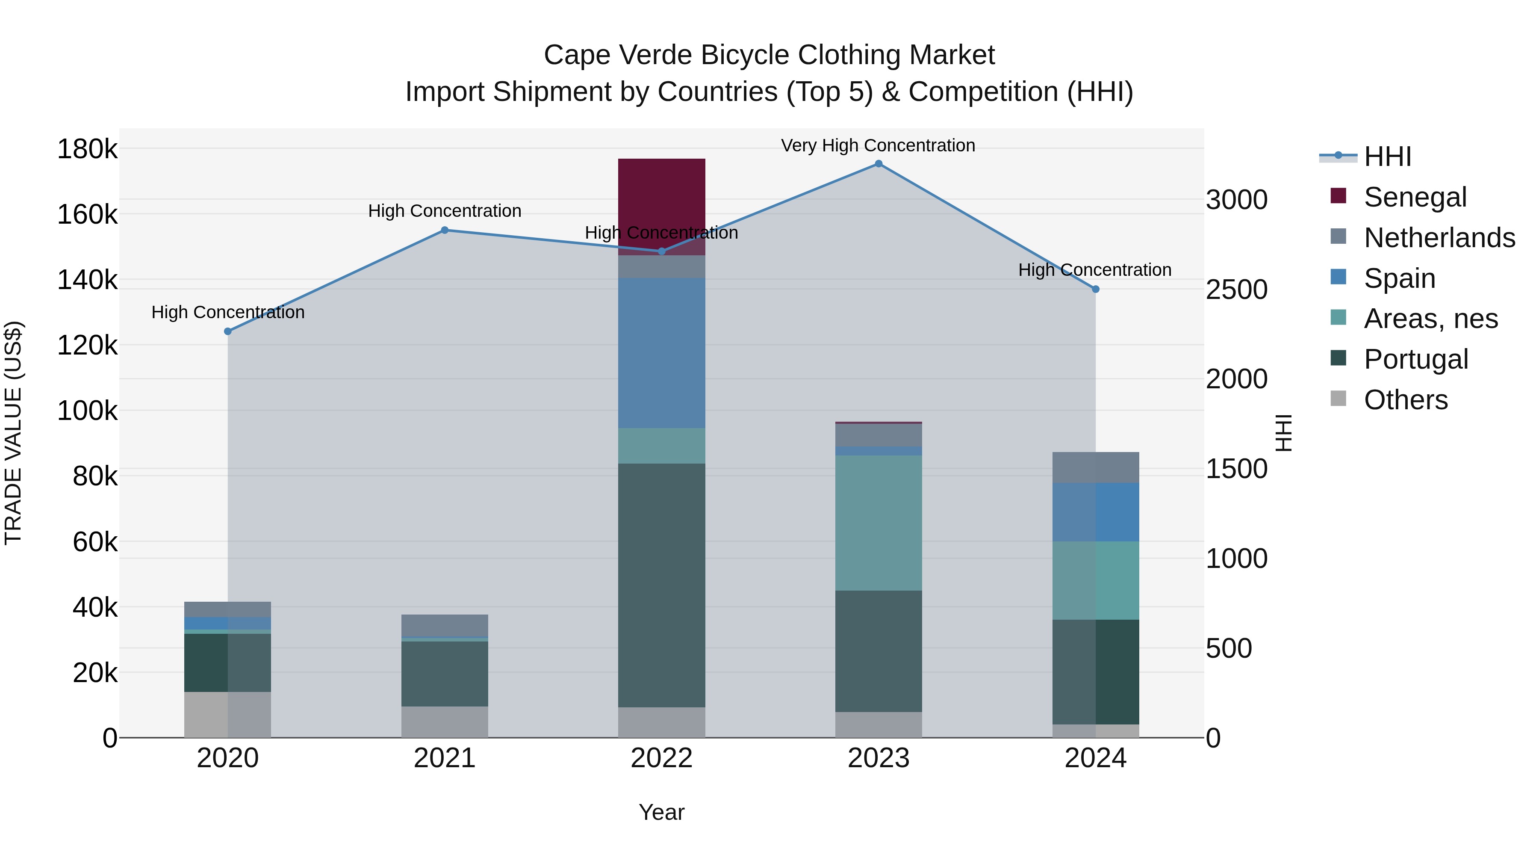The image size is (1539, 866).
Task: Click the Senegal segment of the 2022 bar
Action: [661, 197]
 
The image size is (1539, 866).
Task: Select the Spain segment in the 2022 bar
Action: [661, 353]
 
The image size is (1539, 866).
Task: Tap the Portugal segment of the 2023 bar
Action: [878, 651]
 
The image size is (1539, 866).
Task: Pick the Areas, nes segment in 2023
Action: [878, 523]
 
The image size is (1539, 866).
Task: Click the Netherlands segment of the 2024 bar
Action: [1095, 467]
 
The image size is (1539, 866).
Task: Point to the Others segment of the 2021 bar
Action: [445, 722]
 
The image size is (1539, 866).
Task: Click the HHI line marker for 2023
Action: [878, 164]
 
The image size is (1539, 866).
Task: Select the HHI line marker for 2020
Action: [227, 331]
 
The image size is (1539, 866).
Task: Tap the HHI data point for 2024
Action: [1095, 289]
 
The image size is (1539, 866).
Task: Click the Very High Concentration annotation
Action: [878, 145]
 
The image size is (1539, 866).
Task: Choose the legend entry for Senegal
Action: [1415, 197]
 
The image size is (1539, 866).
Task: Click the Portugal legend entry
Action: [1415, 359]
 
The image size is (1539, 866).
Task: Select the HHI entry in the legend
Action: [1387, 157]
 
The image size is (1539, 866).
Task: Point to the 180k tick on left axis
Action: [87, 149]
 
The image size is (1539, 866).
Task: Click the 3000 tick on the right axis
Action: [1236, 200]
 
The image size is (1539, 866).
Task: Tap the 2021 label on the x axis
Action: [445, 758]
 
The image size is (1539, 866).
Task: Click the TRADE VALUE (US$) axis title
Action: [13, 433]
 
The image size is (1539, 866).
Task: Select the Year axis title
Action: [661, 812]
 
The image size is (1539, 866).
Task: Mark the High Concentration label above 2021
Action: [445, 211]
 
